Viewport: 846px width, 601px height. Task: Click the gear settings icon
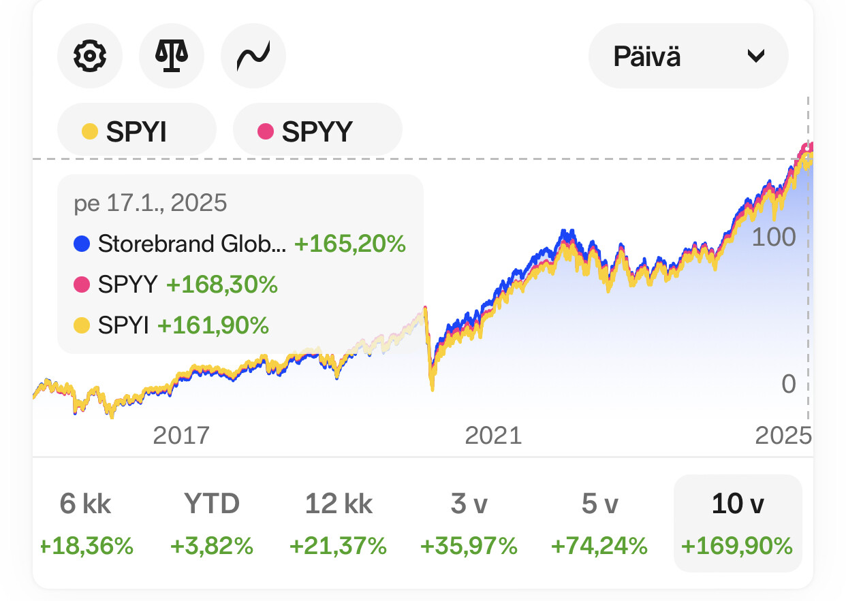pos(89,56)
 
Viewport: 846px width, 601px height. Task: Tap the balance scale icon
pos(171,56)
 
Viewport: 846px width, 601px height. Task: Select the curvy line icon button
pos(253,56)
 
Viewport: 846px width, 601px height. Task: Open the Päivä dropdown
pos(688,56)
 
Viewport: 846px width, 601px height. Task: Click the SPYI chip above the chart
pos(136,131)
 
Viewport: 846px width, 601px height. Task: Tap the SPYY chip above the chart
pos(317,131)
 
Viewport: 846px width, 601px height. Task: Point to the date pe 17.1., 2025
pos(150,203)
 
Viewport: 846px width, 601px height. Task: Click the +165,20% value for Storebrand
pos(349,244)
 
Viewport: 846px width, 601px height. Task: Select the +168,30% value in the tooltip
pos(222,285)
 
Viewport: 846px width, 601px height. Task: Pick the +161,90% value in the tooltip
pos(213,325)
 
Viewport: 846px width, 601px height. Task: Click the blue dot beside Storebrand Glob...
pos(82,244)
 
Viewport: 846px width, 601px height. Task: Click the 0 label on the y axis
pos(788,384)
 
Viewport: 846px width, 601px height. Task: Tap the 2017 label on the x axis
pos(181,435)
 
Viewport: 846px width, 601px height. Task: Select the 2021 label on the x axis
pos(493,435)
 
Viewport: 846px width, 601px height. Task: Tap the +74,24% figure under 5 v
pos(599,546)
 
